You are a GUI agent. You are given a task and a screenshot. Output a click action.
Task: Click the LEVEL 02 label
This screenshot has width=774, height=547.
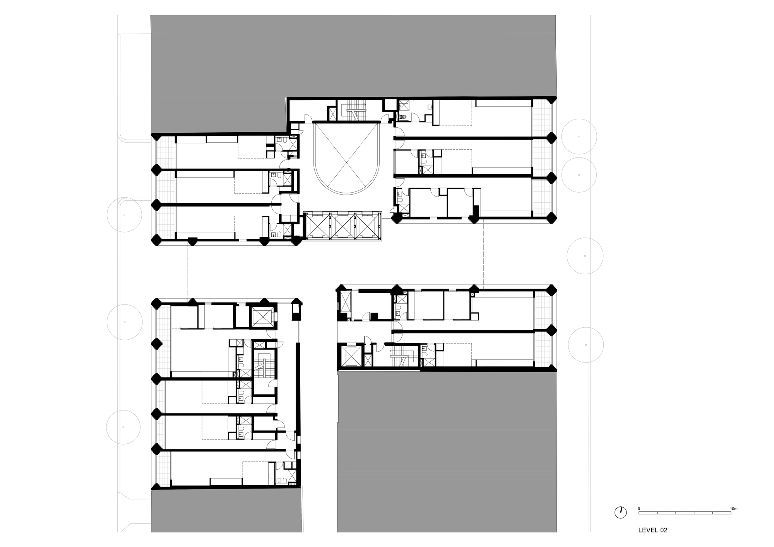pos(652,530)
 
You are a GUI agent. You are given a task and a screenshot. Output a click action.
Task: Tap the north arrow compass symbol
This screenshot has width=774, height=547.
pos(620,513)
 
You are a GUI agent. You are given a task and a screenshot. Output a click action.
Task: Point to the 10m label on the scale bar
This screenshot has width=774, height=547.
pos(733,509)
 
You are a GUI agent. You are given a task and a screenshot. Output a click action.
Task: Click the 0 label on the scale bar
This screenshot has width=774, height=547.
pos(639,509)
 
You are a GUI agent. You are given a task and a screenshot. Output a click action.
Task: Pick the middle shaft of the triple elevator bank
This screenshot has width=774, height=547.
pos(342,226)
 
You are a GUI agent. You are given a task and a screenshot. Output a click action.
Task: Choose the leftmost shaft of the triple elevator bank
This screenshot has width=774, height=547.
pos(318,226)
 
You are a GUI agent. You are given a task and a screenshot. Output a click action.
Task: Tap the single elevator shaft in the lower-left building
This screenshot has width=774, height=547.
pos(262,318)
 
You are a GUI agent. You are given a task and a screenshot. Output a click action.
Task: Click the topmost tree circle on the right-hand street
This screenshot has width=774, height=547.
pos(579,137)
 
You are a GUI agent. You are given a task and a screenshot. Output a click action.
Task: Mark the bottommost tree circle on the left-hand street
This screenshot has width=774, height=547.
pos(123,427)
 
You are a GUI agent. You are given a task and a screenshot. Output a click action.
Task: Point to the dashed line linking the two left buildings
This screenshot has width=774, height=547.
pos(188,271)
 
